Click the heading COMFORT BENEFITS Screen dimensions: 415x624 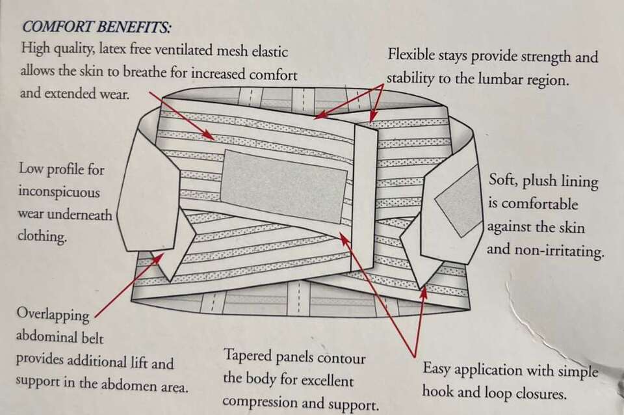[x=97, y=27]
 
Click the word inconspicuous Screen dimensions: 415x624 [x=59, y=193]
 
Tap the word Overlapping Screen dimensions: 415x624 [x=53, y=315]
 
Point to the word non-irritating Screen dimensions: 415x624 [x=557, y=250]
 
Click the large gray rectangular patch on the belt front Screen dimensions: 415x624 [x=283, y=186]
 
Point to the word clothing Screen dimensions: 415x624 [x=43, y=237]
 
